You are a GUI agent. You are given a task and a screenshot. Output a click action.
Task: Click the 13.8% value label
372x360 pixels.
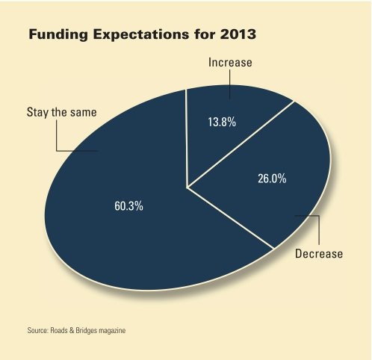pyautogui.click(x=221, y=122)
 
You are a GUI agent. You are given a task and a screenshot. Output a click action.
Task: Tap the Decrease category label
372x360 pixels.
pyautogui.click(x=319, y=254)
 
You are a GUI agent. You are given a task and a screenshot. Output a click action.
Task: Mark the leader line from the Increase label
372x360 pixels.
pyautogui.click(x=229, y=86)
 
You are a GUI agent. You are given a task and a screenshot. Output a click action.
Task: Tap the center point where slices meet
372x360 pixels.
pyautogui.click(x=187, y=186)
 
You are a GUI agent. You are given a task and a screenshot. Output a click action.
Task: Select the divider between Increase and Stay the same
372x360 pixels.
pyautogui.click(x=186, y=134)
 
